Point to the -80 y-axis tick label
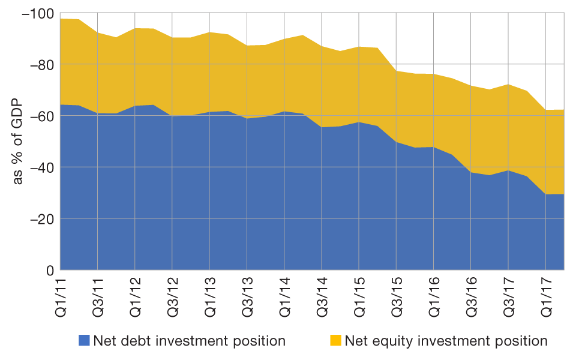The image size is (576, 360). pyautogui.click(x=40, y=64)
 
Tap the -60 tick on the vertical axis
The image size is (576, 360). pyautogui.click(x=40, y=116)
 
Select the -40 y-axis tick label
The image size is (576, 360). pyautogui.click(x=40, y=167)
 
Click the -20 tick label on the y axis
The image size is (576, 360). pyautogui.click(x=40, y=219)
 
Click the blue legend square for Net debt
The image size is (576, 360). pyautogui.click(x=85, y=341)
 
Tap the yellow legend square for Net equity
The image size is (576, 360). pyautogui.click(x=335, y=341)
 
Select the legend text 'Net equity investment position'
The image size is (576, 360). pyautogui.click(x=446, y=341)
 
